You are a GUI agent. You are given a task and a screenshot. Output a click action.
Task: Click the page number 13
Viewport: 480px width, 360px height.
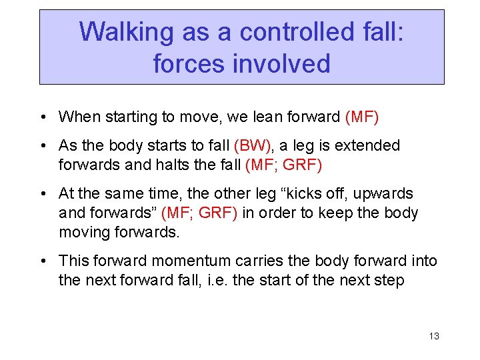434,336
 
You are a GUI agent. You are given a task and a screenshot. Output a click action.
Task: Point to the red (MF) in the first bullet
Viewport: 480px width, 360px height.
362,117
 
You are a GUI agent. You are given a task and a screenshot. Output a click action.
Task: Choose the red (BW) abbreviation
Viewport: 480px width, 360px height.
254,145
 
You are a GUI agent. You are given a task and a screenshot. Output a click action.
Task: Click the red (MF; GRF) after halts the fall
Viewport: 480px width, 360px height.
283,165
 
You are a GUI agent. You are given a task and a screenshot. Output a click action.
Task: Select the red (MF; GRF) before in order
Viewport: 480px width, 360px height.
199,213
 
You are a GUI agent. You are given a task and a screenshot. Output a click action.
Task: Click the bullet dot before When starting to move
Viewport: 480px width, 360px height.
43,118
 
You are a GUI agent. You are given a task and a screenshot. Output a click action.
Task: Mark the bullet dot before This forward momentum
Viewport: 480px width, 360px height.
43,261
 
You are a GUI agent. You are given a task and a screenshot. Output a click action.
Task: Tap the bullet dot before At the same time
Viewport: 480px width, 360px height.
43,195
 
